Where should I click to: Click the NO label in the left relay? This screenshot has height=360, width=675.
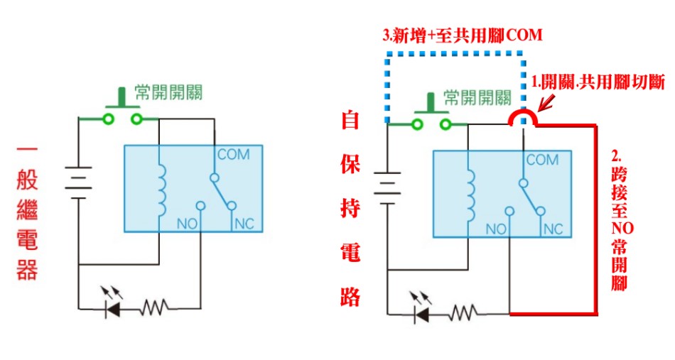coord(186,224)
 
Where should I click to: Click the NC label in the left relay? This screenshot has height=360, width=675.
coord(244,224)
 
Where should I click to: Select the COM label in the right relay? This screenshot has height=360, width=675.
coord(541,160)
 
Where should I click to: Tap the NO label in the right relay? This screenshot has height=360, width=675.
coord(495,229)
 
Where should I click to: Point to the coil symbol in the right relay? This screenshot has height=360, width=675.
coord(470,194)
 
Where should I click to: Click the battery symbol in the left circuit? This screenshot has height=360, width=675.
coord(80,180)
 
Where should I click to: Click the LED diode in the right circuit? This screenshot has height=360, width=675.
coord(422,313)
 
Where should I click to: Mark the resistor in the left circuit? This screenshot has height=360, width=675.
coord(154,307)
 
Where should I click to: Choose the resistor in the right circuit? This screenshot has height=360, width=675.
coord(463,313)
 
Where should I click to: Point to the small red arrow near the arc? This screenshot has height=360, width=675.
coord(545,106)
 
